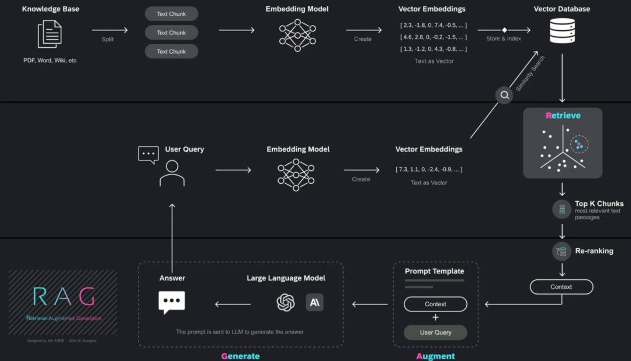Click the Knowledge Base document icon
(x=50, y=34)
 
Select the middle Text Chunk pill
(x=171, y=33)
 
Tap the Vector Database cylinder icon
(x=562, y=31)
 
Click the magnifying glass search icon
(x=504, y=96)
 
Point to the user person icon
(x=172, y=173)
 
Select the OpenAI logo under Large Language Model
(x=286, y=302)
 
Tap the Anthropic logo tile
(x=314, y=302)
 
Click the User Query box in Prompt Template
(x=435, y=332)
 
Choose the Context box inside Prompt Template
(x=435, y=304)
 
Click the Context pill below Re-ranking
(x=561, y=287)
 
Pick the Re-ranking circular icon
(x=561, y=251)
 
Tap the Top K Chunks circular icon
(x=561, y=209)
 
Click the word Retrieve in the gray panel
(x=563, y=115)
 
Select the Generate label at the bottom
(x=240, y=356)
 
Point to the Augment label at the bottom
(x=435, y=356)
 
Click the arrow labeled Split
(x=109, y=30)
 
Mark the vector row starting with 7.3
(x=429, y=169)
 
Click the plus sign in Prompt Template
(x=435, y=318)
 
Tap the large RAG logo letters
(x=64, y=297)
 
